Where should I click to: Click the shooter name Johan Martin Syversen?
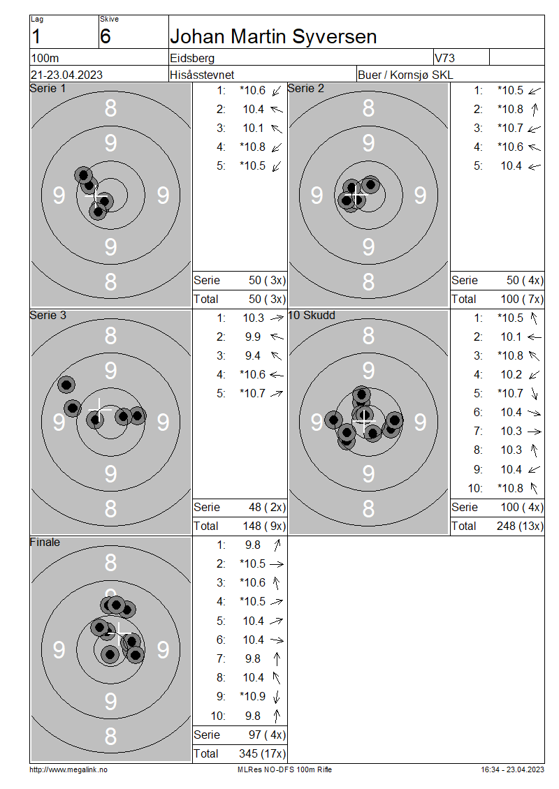tap(273, 37)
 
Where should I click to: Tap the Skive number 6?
tap(105, 37)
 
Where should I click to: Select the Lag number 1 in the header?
tap(36, 37)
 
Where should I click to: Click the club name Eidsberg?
tap(192, 59)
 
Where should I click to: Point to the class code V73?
tap(444, 59)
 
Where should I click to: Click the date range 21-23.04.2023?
tap(66, 75)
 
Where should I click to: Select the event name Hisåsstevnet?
tap(202, 75)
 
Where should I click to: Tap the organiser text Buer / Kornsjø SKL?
tap(405, 75)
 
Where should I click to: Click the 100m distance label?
tap(45, 59)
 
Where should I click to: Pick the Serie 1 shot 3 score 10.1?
tap(254, 128)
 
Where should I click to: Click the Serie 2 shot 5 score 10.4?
tap(511, 166)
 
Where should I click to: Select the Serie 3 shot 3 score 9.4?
tap(253, 356)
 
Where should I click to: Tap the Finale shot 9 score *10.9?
tap(252, 696)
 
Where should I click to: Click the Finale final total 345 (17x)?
tap(262, 754)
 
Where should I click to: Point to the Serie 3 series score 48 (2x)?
tap(268, 507)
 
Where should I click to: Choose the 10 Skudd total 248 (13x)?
tap(521, 526)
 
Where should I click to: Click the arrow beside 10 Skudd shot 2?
tap(535, 337)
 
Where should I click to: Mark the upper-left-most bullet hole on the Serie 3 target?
tap(66, 385)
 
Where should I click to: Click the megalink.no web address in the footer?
tap(68, 769)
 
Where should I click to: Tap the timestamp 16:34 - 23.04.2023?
tap(513, 769)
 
